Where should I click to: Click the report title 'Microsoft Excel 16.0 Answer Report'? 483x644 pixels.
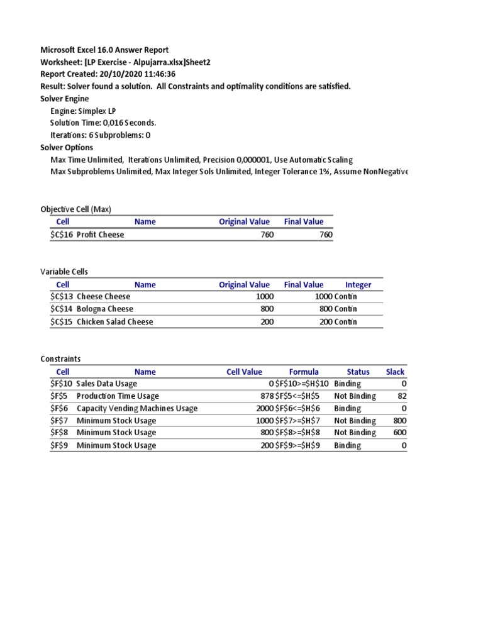[104, 50]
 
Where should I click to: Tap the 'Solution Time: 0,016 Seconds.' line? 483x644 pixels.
[103, 123]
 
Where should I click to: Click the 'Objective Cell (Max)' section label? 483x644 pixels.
[75, 209]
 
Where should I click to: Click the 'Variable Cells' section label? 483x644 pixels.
[64, 272]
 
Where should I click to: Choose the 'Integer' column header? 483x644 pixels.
[358, 284]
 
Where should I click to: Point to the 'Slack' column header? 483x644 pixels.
[395, 372]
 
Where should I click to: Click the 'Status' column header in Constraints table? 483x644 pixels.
[358, 372]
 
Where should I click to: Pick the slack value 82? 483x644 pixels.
[402, 396]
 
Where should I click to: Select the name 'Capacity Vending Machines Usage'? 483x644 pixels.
[137, 408]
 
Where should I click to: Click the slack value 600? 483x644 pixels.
[400, 433]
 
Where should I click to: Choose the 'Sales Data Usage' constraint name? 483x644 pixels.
[107, 384]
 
